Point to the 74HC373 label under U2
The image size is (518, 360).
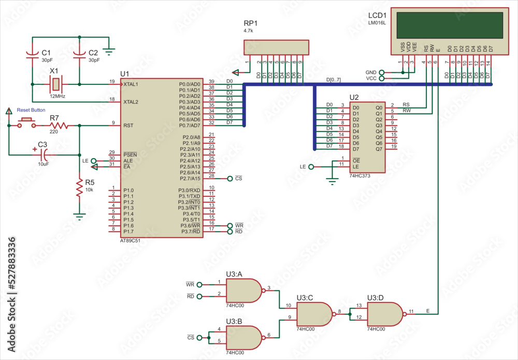pyautogui.click(x=361, y=176)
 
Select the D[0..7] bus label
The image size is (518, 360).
pyautogui.click(x=334, y=79)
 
